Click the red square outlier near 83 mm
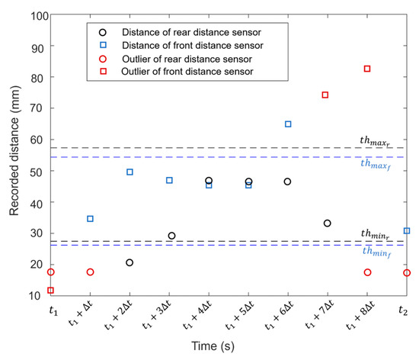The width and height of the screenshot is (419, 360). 367,69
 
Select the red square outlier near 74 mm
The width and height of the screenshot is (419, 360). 325,95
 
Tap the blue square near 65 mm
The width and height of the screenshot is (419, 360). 288,124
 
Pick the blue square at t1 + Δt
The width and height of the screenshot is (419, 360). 90,219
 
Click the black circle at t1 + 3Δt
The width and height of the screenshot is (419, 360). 171,236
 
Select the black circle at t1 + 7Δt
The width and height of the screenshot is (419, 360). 327,223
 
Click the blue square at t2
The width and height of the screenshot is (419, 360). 407,230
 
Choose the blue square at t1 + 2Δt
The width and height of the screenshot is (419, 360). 130,172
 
